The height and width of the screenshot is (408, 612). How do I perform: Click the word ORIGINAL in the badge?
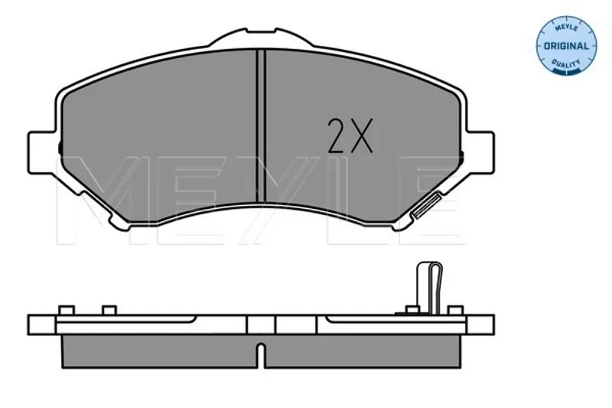tap(566, 46)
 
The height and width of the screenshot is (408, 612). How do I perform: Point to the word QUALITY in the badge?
tap(566, 64)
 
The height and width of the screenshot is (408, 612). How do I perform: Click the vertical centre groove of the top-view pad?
tap(261, 126)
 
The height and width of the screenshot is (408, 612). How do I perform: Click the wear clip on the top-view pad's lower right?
tap(427, 205)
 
